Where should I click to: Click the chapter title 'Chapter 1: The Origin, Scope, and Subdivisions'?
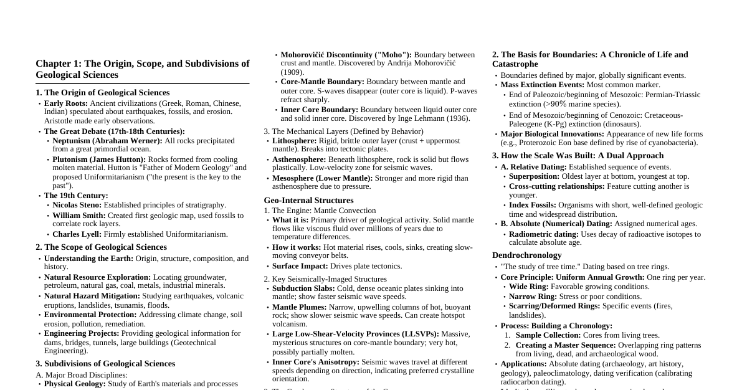pyautogui.click(x=142, y=64)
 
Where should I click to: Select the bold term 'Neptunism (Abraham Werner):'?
pyautogui.click(x=107, y=141)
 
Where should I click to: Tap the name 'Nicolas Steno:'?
pyautogui.click(x=77, y=205)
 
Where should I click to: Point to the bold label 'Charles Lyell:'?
pyautogui.click(x=77, y=234)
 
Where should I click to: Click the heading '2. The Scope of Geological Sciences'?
pyautogui.click(x=101, y=247)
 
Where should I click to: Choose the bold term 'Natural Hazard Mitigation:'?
pyautogui.click(x=92, y=296)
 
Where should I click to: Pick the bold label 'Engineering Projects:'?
pyautogui.click(x=82, y=333)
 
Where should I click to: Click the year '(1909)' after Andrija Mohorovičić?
pyautogui.click(x=292, y=72)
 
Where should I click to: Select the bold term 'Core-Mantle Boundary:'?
pyautogui.click(x=322, y=82)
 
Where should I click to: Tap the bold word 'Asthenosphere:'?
pyautogui.click(x=299, y=159)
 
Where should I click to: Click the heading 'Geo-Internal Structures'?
pyautogui.click(x=308, y=201)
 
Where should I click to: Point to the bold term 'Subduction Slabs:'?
pyautogui.click(x=303, y=288)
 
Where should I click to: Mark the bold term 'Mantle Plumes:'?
pyautogui.click(x=299, y=307)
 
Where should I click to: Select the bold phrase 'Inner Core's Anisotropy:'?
pyautogui.click(x=315, y=362)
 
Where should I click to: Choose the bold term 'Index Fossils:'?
pyautogui.click(x=533, y=205)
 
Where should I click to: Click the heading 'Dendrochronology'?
pyautogui.click(x=526, y=255)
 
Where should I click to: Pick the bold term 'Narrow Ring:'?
pyautogui.click(x=533, y=297)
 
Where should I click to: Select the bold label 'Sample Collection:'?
pyautogui.click(x=548, y=335)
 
